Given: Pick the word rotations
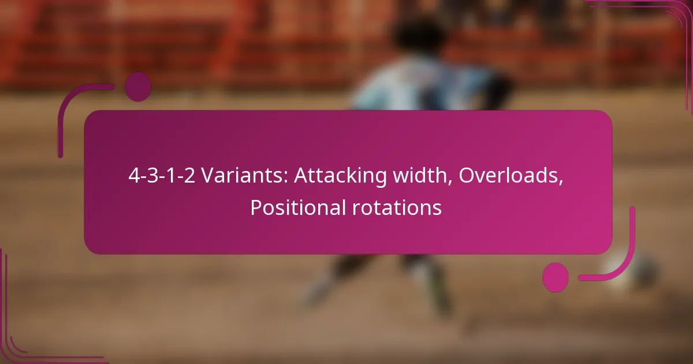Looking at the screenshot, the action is click(397, 207).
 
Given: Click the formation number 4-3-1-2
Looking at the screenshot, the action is click(162, 176).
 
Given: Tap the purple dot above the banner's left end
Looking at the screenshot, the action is click(138, 87).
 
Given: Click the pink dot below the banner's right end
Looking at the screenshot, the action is click(556, 277).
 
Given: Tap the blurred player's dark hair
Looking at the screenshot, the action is click(419, 36).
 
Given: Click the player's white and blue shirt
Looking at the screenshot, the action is click(427, 84).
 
